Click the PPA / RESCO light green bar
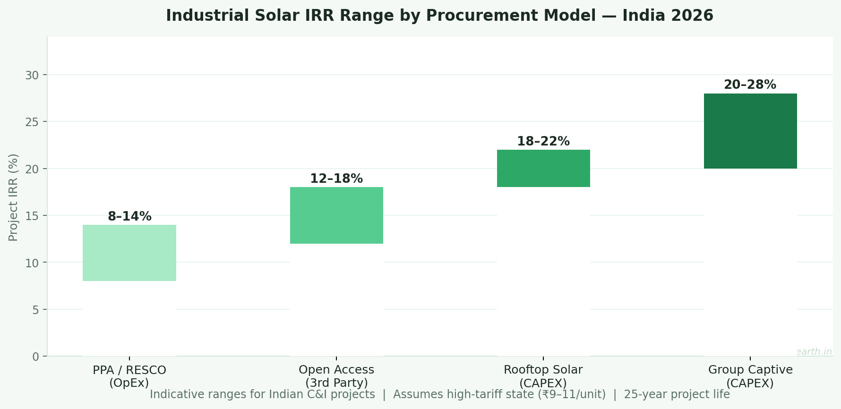(129, 253)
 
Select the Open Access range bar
(336, 215)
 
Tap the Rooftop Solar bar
(543, 169)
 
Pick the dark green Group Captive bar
(750, 131)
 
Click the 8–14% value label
(129, 217)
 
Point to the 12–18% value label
(336, 179)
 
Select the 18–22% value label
(543, 142)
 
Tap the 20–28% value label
(750, 85)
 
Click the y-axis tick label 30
(33, 76)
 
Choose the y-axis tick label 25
(33, 122)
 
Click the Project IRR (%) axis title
(13, 197)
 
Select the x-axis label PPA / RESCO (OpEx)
(129, 376)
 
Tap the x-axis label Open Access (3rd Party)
(336, 376)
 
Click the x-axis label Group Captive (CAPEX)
(750, 376)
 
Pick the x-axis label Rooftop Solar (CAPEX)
(543, 376)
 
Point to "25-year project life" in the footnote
(677, 394)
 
